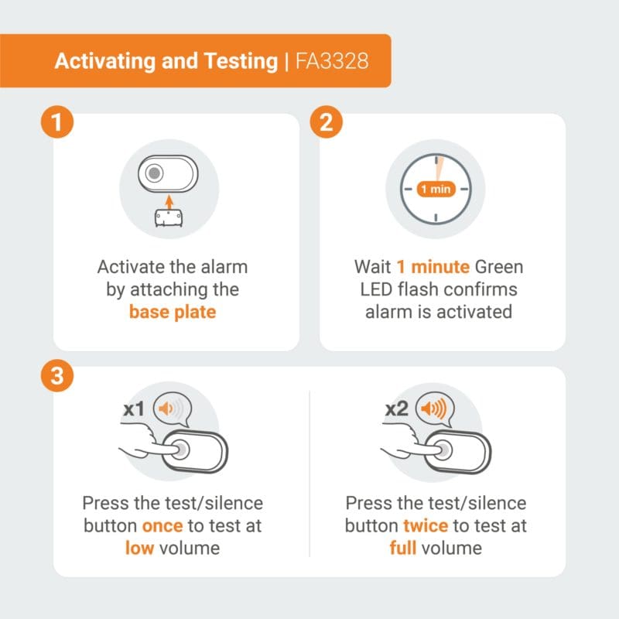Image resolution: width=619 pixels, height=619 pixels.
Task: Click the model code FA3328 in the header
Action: (332, 61)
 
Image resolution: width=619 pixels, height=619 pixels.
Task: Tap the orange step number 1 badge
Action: (57, 122)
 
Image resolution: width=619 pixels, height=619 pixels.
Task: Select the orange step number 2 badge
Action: (326, 122)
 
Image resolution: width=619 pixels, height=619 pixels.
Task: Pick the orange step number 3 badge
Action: (57, 375)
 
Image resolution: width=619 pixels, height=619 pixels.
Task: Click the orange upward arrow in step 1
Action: (169, 202)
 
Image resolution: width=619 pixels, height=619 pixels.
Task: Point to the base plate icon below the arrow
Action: (169, 218)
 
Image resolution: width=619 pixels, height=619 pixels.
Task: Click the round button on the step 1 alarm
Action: (154, 173)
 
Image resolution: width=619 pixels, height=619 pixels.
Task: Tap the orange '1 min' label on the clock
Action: (436, 189)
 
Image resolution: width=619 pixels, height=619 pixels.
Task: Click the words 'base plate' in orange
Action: (173, 312)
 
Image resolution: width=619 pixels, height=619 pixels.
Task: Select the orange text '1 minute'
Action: (433, 267)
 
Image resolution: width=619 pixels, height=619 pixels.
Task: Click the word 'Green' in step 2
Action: (499, 267)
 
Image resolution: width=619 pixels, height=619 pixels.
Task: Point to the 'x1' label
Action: (134, 409)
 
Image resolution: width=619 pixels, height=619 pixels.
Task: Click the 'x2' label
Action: (397, 409)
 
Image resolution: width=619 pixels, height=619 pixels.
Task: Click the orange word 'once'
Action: (162, 526)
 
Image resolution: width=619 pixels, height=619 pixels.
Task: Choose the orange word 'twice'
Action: (426, 526)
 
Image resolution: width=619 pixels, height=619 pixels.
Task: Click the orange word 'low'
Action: (139, 548)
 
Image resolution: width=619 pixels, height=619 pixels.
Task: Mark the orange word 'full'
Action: (402, 548)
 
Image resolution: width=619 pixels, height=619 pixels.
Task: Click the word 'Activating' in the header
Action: (106, 62)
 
